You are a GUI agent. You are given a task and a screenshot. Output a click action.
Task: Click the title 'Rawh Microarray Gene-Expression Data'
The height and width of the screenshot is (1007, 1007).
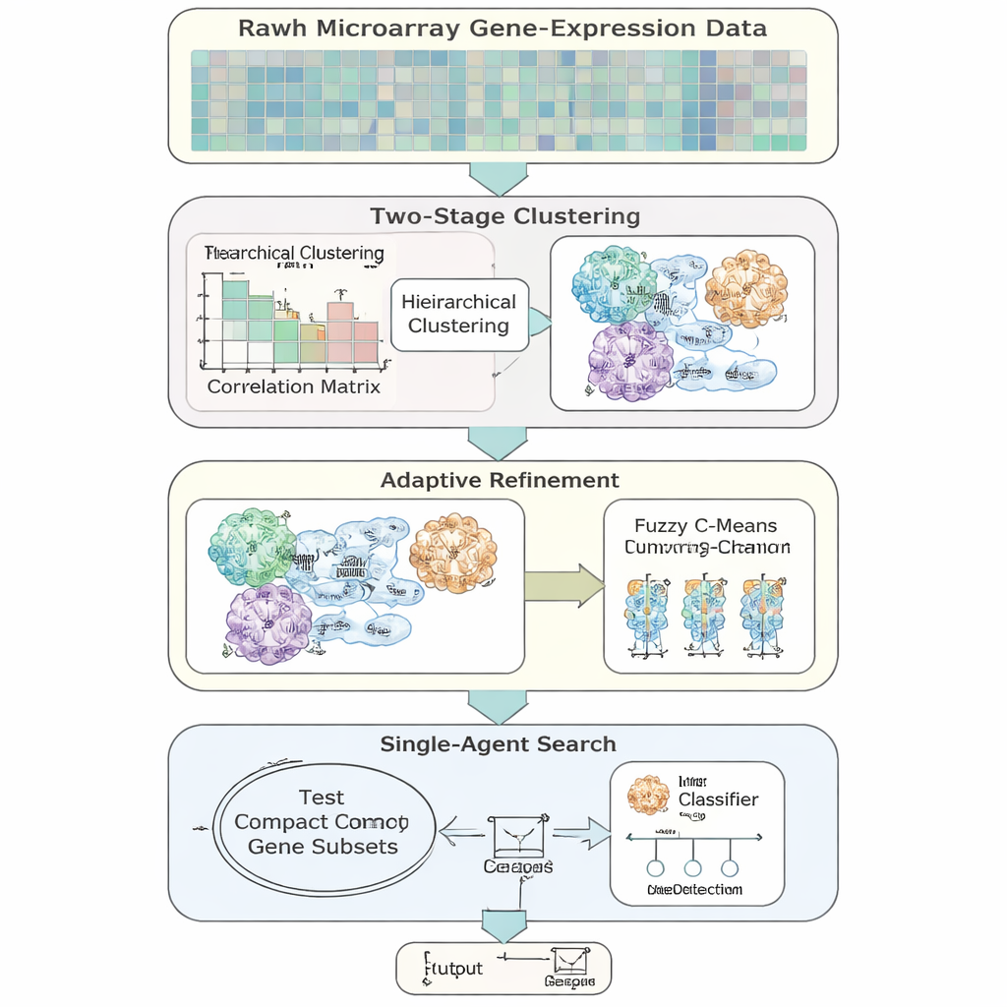tap(503, 28)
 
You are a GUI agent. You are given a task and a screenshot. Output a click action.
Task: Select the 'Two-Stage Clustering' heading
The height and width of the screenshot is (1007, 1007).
tap(504, 216)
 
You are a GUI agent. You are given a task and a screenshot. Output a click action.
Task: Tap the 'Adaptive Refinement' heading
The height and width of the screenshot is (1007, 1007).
tap(500, 481)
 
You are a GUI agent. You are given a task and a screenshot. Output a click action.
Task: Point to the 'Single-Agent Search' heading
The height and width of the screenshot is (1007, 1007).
tap(499, 744)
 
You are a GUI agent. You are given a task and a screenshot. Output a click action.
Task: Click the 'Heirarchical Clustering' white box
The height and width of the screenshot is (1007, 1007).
tap(458, 314)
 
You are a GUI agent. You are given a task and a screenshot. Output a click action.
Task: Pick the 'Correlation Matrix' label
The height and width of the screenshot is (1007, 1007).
tap(293, 386)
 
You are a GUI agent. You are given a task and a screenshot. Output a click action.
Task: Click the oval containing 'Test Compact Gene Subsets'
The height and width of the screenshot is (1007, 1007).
tap(323, 822)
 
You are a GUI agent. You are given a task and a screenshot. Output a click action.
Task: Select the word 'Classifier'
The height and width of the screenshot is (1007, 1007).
tap(718, 800)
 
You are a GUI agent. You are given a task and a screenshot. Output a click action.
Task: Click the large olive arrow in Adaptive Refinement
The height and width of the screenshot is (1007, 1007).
tap(563, 586)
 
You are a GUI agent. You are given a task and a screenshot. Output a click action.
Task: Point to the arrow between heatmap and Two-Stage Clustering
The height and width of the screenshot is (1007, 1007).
tap(500, 177)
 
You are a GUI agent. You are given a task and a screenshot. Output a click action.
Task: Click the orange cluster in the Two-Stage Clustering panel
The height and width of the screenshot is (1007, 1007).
tap(746, 288)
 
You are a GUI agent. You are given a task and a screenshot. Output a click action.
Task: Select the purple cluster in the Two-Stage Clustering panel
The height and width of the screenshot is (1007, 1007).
tap(631, 362)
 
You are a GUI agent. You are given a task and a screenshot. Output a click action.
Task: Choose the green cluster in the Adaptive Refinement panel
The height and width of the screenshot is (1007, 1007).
tap(253, 547)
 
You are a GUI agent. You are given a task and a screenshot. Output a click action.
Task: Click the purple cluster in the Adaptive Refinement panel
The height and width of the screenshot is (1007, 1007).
tap(268, 623)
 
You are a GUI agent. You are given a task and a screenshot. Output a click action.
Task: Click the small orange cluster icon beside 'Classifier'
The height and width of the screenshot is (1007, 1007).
tap(648, 794)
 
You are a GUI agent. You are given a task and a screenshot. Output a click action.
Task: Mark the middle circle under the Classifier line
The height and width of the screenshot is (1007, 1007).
tap(692, 868)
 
